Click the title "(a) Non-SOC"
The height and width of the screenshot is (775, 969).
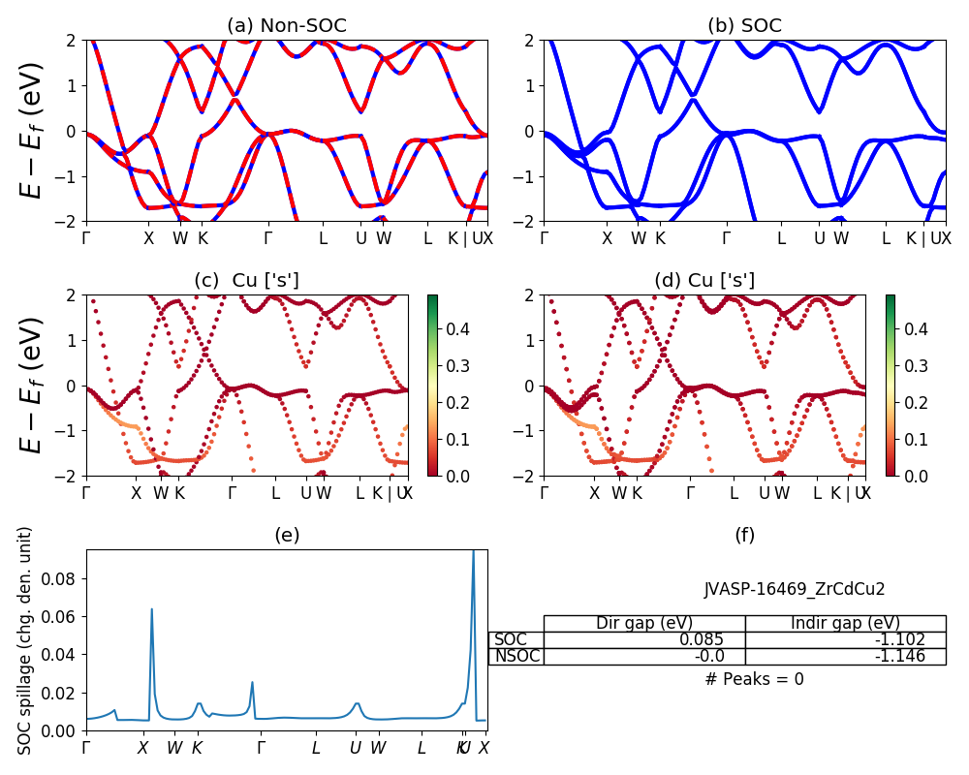click(286, 26)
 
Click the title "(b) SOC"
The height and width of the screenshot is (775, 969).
click(744, 26)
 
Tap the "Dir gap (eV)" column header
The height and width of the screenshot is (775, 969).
click(644, 623)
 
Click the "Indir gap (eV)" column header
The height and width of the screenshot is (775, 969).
click(845, 623)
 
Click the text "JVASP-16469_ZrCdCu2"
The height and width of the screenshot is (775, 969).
click(795, 589)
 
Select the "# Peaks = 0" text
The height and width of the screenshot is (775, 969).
click(755, 679)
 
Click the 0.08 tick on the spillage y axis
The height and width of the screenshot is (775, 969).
click(69, 578)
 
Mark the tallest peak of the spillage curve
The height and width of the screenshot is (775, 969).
click(473, 551)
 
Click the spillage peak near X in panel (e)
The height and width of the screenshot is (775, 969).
click(151, 609)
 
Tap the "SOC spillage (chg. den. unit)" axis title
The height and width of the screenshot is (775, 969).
click(26, 640)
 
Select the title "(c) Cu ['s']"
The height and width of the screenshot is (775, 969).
click(246, 281)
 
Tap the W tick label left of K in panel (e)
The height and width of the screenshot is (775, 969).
click(174, 748)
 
